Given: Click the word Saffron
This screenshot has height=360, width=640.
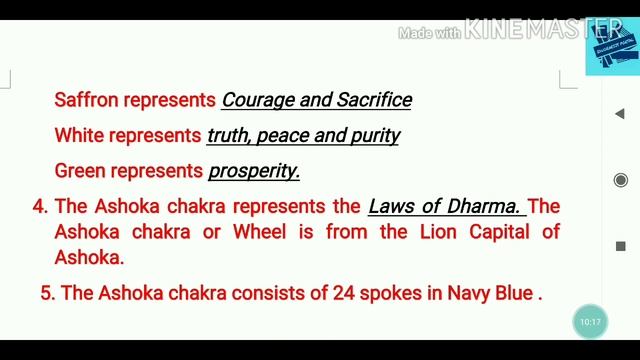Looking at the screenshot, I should (x=84, y=100).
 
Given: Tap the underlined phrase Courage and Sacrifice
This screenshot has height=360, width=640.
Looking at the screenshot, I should (x=316, y=100).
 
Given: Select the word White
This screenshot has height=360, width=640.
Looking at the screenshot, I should (x=78, y=135).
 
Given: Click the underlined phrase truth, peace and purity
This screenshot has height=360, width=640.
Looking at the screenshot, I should (x=303, y=135).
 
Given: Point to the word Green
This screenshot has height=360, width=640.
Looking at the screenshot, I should (x=79, y=171).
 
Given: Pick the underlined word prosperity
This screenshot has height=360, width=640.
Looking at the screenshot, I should (x=254, y=171).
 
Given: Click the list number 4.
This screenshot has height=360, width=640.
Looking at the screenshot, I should (x=39, y=207).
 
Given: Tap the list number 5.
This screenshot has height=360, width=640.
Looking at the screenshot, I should (x=46, y=294).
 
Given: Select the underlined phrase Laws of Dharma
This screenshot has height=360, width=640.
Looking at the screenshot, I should (x=445, y=207).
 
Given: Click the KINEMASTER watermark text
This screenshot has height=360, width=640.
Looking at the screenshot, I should (x=523, y=32).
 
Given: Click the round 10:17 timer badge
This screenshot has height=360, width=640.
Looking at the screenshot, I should (x=590, y=322).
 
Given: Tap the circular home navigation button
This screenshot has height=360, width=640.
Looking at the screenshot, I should (x=620, y=180).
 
